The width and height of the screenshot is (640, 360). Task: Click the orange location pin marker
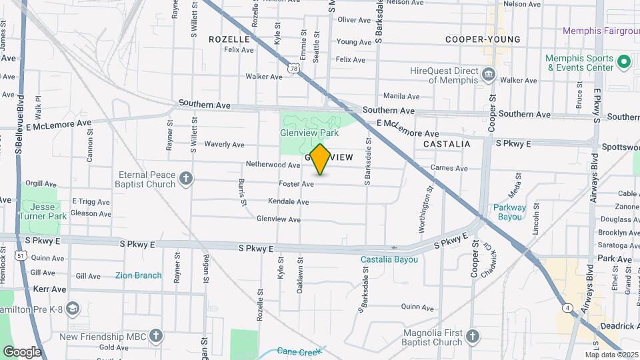[x=320, y=159]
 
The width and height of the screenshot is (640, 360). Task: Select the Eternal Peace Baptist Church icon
[x=186, y=178]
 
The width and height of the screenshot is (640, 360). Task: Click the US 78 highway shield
[x=293, y=68]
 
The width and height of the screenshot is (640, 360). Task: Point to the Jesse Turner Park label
[x=43, y=211]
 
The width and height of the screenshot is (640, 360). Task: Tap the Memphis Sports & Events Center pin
[x=624, y=63]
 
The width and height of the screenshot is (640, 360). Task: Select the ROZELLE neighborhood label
[x=229, y=39]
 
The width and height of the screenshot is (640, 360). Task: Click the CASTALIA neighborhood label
[x=447, y=144]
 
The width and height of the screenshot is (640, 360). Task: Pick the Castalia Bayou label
[x=389, y=259]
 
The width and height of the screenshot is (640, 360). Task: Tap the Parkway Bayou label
[x=509, y=211]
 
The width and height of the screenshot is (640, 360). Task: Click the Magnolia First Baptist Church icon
[x=473, y=335]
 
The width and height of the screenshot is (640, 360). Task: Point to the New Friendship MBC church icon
[x=156, y=335]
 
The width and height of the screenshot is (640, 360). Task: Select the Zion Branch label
[x=138, y=275]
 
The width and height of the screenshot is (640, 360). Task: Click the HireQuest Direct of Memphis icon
[x=489, y=73]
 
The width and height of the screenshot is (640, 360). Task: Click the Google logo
[x=22, y=351]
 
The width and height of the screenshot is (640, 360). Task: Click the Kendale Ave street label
[x=288, y=201]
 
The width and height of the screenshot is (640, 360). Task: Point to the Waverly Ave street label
[x=224, y=144]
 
